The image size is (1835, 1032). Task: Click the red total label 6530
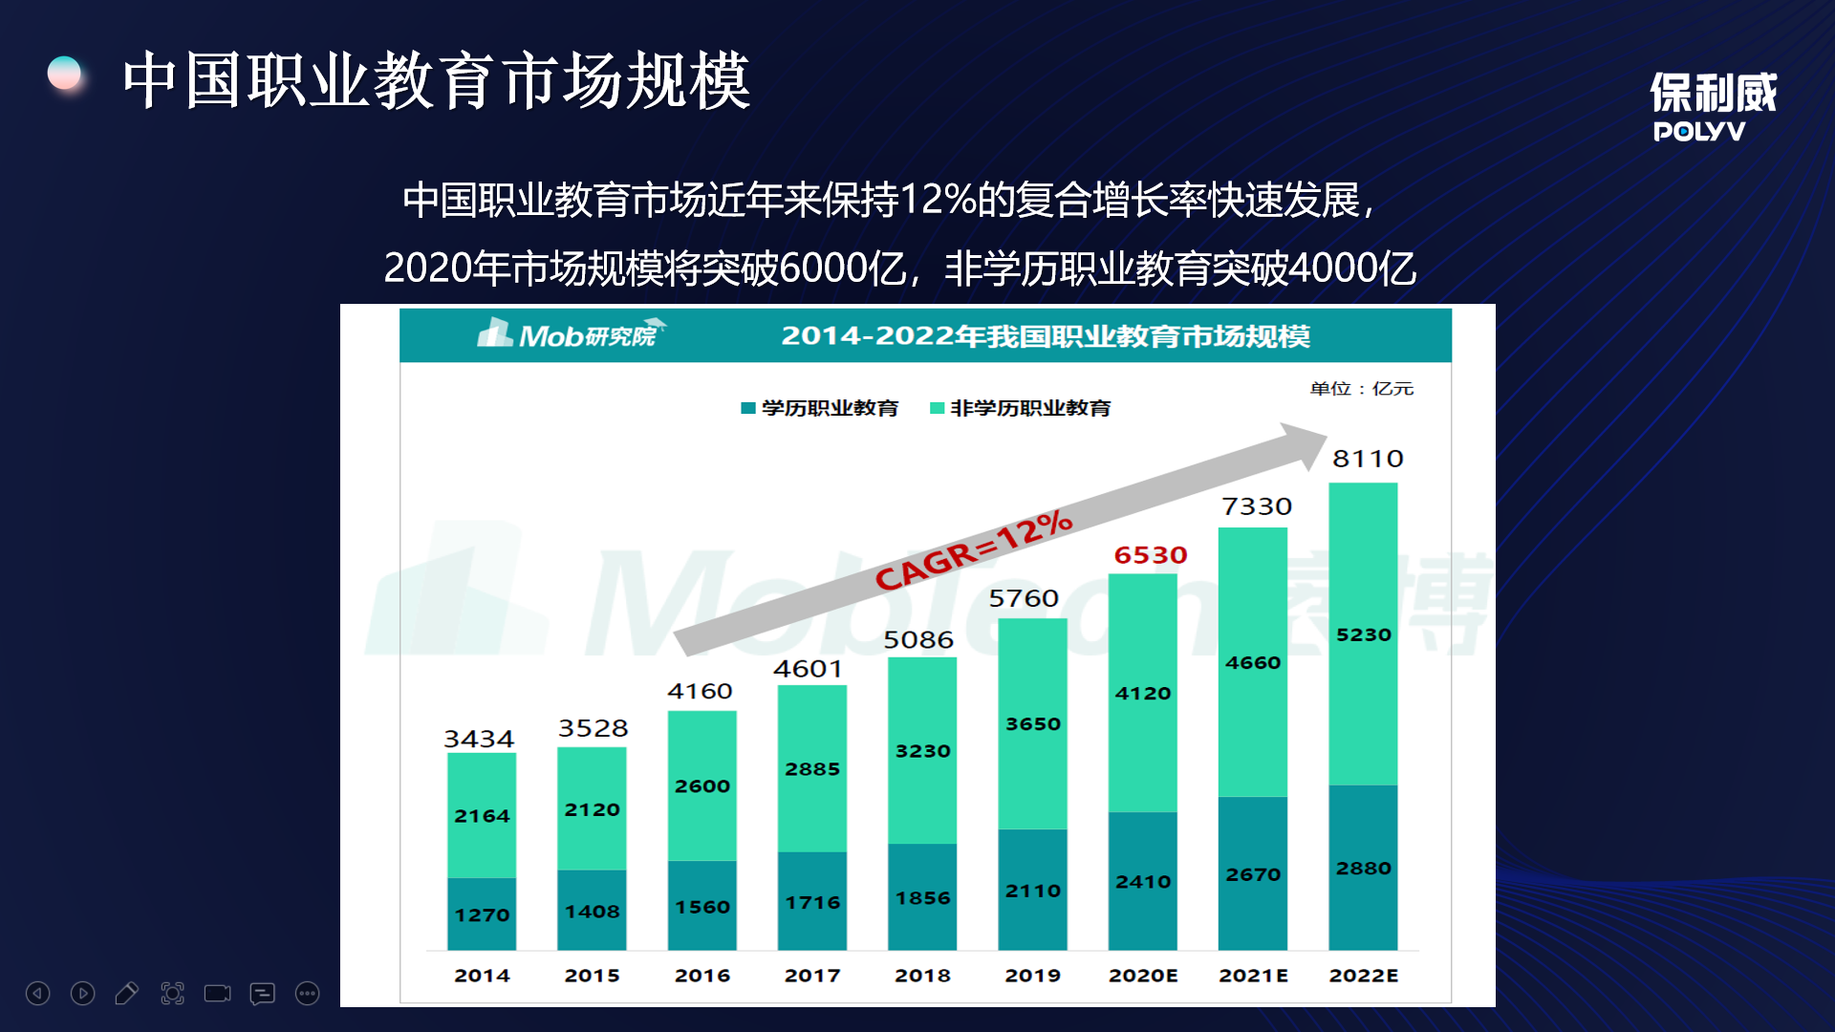click(x=1151, y=555)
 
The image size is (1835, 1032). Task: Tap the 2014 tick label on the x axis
click(x=482, y=976)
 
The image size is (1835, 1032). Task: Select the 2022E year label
click(x=1363, y=976)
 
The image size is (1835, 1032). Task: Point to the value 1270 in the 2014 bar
click(x=482, y=914)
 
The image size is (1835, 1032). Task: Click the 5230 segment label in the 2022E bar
click(x=1363, y=634)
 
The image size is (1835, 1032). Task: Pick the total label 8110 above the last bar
click(x=1368, y=459)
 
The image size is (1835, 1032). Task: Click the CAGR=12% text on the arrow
click(x=974, y=550)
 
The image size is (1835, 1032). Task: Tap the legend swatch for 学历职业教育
click(x=748, y=408)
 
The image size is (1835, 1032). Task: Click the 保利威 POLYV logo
click(x=1713, y=106)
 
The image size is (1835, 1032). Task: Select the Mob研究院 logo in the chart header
click(x=572, y=334)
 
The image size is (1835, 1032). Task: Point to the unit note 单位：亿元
click(x=1361, y=388)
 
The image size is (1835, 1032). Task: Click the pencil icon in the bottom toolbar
click(x=126, y=994)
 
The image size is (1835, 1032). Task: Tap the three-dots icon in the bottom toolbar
click(x=307, y=994)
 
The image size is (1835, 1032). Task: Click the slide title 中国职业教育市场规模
click(x=436, y=80)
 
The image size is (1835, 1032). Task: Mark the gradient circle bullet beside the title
click(x=65, y=74)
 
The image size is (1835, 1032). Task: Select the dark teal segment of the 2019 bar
click(x=1032, y=889)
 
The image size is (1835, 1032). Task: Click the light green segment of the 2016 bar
click(x=702, y=785)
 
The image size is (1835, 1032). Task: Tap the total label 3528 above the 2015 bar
click(x=593, y=728)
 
